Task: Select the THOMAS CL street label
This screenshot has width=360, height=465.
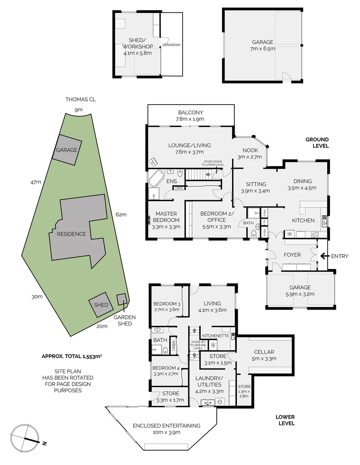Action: (x=81, y=99)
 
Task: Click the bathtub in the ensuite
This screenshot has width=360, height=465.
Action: (x=157, y=178)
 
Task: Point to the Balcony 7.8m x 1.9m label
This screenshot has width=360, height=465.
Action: (x=189, y=116)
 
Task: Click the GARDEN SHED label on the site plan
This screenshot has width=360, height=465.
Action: (x=124, y=320)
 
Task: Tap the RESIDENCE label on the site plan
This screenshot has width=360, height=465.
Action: (x=68, y=234)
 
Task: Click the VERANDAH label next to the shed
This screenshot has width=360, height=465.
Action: (x=171, y=45)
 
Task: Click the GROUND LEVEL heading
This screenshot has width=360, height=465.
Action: (x=317, y=143)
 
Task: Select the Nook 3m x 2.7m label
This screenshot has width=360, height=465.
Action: (x=249, y=154)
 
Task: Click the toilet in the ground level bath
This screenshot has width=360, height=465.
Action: (x=254, y=234)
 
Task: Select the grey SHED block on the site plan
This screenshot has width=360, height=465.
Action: (x=101, y=305)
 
